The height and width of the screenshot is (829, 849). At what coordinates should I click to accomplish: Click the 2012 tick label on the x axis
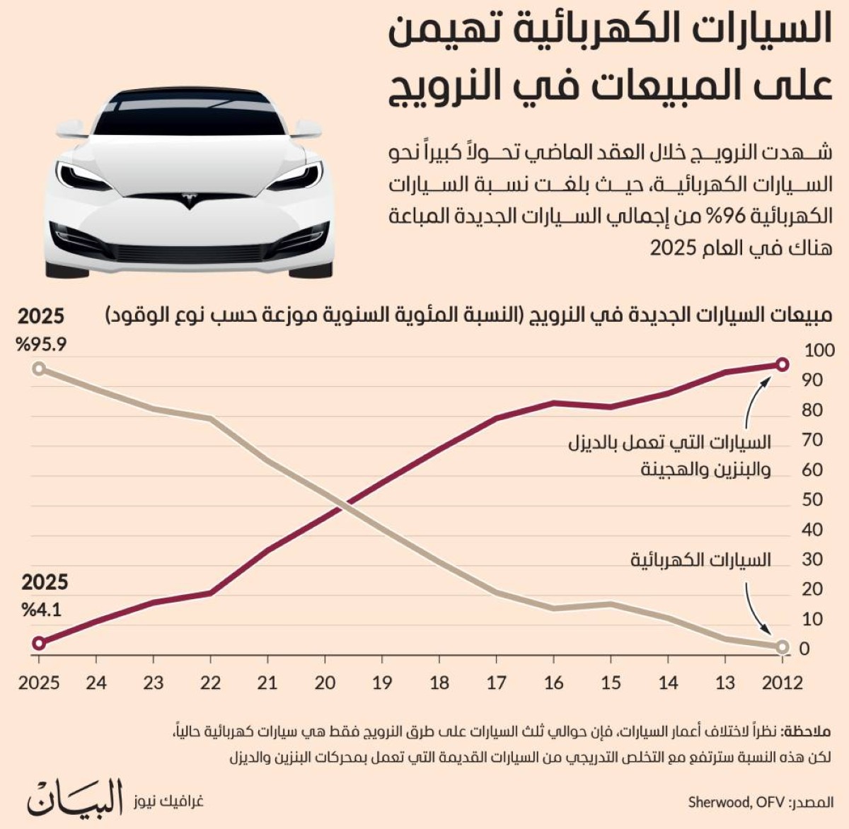coord(782,683)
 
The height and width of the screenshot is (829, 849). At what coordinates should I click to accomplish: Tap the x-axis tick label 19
coord(382,683)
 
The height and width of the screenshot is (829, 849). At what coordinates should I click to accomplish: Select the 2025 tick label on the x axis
coord(39,683)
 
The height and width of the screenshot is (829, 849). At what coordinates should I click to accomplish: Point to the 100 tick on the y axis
coord(819,350)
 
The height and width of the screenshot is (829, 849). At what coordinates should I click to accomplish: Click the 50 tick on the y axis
coord(812,499)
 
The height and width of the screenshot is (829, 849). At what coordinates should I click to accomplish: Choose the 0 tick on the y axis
coord(804,649)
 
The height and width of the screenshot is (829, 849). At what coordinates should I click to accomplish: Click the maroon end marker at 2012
coord(782,364)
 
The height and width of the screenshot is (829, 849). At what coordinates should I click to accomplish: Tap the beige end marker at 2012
coord(782,647)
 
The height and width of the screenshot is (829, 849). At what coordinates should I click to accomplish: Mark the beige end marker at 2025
coord(39,368)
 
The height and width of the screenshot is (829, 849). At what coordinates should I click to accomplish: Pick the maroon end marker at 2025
coord(39,643)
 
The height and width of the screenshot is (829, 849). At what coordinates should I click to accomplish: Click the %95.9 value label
coord(41,344)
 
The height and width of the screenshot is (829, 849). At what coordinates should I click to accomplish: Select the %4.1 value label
coord(41,610)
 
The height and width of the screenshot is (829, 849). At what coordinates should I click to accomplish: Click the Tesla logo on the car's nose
coord(189,200)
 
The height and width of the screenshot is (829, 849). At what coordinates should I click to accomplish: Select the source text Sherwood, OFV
coord(737,802)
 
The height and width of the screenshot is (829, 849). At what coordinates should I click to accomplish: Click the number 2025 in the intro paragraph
coord(673,248)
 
